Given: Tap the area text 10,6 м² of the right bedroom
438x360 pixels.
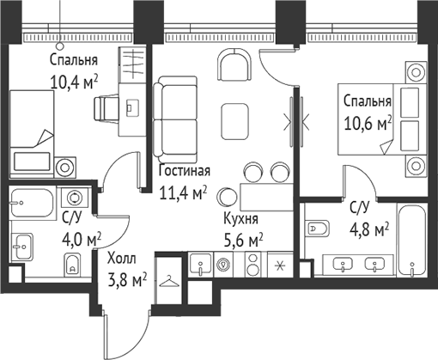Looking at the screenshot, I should pos(366,119).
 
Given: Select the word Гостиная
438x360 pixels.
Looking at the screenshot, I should pos(184,170).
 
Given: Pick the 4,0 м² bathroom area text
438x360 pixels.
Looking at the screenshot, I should pos(82,237).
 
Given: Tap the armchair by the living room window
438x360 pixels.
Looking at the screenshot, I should pos(234,66).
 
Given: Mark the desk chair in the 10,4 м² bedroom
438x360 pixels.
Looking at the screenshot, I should pos(106,107).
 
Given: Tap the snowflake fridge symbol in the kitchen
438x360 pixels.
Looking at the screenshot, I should pos(278,265).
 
